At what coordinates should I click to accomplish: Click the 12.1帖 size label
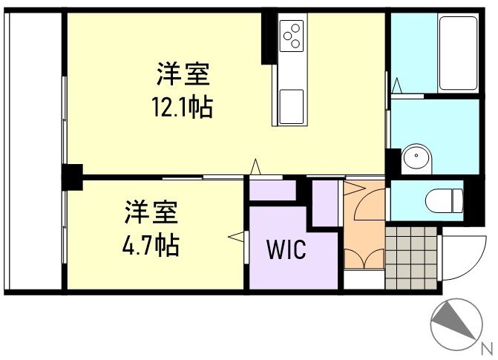183,108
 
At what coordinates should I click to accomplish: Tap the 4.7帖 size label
151,244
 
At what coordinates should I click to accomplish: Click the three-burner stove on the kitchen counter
292,35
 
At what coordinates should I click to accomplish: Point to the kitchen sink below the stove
291,105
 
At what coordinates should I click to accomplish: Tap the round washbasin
416,157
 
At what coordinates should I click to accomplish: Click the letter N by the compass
487,347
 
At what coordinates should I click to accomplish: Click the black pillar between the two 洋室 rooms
72,177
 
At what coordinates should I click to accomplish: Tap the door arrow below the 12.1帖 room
256,168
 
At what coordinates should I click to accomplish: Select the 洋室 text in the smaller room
151,212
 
